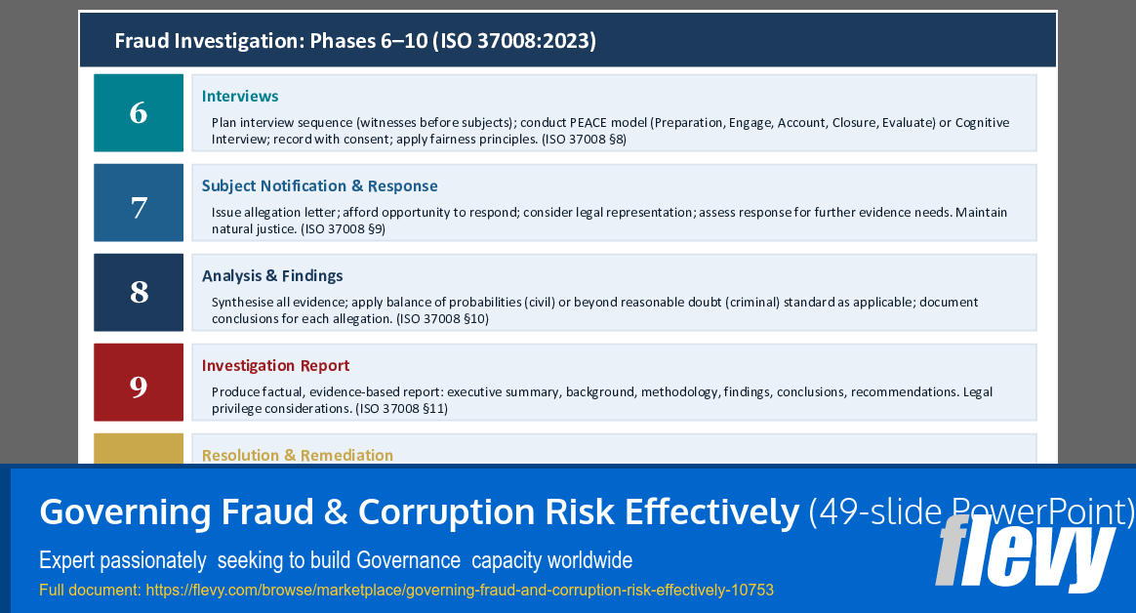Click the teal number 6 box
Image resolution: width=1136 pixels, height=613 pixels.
(139, 113)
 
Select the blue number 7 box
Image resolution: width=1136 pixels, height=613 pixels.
(139, 203)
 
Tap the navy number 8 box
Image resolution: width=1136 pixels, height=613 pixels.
(139, 293)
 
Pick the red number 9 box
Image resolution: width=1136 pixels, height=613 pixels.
(139, 383)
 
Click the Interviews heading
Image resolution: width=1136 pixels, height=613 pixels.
(240, 97)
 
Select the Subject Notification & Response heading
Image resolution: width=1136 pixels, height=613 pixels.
(319, 186)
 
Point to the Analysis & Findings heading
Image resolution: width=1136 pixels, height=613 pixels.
(272, 276)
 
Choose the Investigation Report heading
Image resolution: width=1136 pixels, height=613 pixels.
(275, 366)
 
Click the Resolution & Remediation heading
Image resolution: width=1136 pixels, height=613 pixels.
(298, 455)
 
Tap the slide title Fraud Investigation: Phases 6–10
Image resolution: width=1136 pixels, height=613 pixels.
(355, 41)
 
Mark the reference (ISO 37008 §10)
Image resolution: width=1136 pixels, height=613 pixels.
(442, 319)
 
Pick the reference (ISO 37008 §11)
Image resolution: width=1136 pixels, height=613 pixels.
(401, 409)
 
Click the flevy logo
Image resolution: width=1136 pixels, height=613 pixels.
(1025, 554)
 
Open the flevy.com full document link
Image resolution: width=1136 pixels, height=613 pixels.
(459, 591)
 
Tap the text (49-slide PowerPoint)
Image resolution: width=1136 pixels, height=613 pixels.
(971, 512)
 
